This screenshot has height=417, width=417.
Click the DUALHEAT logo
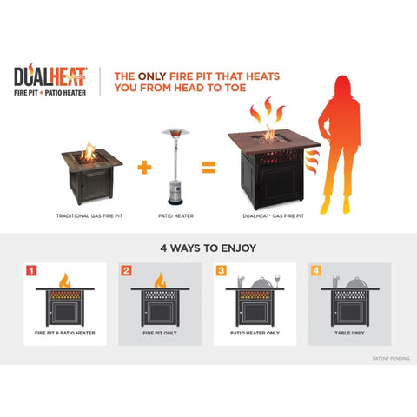50,80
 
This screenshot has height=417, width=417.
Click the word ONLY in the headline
152,76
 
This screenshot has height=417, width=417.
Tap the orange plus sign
144,168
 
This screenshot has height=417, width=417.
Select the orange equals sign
208,167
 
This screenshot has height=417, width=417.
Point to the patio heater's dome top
175,133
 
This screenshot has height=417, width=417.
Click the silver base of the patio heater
175,193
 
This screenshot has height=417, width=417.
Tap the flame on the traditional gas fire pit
89,151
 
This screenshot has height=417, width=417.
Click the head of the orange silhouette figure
343,85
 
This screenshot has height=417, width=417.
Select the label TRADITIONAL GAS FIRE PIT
89,216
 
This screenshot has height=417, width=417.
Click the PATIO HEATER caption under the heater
175,216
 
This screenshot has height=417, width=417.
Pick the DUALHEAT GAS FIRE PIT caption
273,216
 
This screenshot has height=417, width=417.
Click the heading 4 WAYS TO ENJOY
208,248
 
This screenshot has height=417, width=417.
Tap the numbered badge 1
31,271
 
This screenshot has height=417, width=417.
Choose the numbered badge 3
221,271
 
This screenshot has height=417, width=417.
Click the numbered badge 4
316,271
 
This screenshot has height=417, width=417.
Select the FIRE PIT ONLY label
160,333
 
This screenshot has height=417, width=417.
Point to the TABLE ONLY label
349,333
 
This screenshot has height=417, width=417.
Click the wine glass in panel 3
277,281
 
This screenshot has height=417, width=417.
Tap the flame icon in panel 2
160,281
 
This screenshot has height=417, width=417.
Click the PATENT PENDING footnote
391,359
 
